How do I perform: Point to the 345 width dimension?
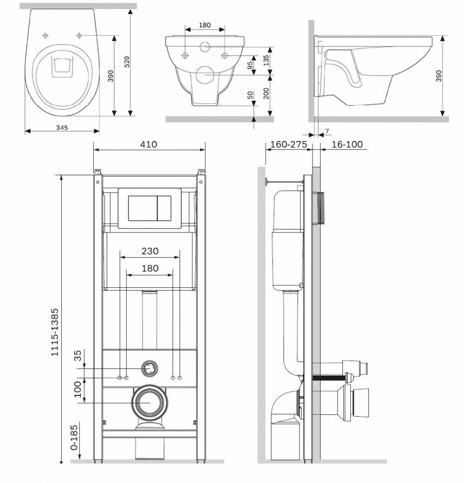point(62,127)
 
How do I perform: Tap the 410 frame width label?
point(149,144)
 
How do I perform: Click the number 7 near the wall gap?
point(326,131)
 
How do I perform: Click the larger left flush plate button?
point(143,208)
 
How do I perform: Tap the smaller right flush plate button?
point(164,208)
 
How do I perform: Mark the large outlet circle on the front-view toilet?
point(204,75)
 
